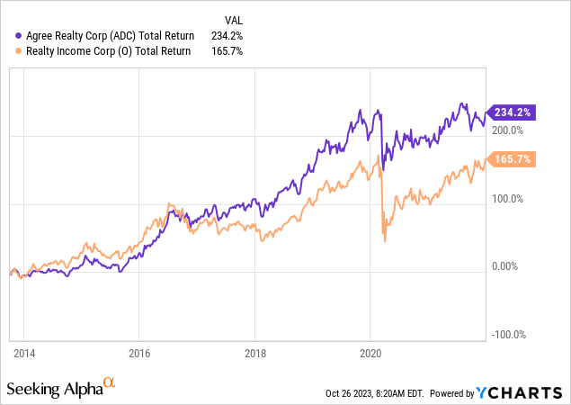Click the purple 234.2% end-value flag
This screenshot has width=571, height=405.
(x=512, y=112)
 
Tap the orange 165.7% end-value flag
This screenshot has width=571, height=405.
(x=512, y=159)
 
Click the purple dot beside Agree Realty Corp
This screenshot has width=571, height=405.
(x=19, y=36)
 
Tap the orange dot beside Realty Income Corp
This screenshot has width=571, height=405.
(x=19, y=51)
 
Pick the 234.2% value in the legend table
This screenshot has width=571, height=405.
(x=237, y=36)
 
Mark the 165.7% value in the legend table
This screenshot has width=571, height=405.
(x=237, y=51)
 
